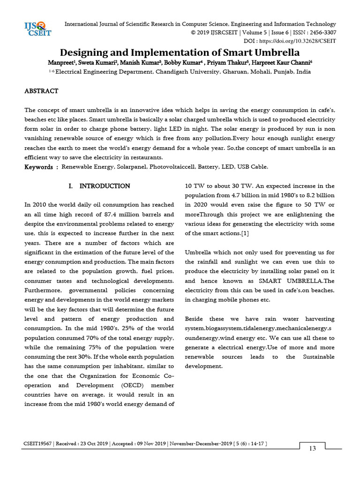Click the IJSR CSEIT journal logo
pos(37,29)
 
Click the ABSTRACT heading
pos(41,91)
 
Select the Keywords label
pos(39,167)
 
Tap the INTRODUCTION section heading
pos(105,186)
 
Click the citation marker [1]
pos(245,233)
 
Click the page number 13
pos(312,449)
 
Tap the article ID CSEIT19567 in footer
pos(38,443)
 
